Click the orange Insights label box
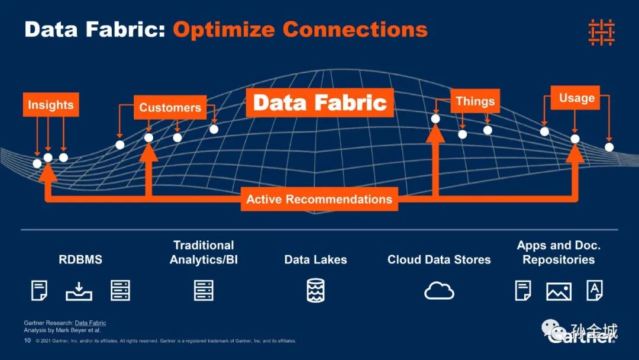point(51,105)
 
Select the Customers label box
point(170,108)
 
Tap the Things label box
point(475,101)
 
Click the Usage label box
point(576,98)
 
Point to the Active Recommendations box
point(319,199)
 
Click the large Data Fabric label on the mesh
point(320,102)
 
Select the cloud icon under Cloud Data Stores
point(439,291)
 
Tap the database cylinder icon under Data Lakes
point(315,291)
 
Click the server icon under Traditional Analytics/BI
point(204,291)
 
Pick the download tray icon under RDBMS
point(79,291)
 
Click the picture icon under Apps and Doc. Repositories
point(559,291)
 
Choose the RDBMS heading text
point(80,259)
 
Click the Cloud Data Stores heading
point(439,259)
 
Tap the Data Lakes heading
point(315,259)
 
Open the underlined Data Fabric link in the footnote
point(91,323)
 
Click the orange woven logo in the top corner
point(601,32)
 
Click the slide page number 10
point(27,341)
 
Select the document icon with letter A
point(594,290)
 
